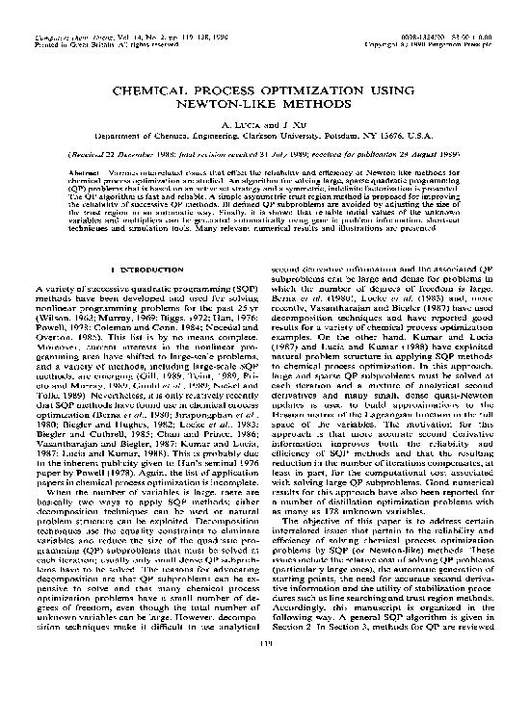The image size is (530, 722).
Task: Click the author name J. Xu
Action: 284,124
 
